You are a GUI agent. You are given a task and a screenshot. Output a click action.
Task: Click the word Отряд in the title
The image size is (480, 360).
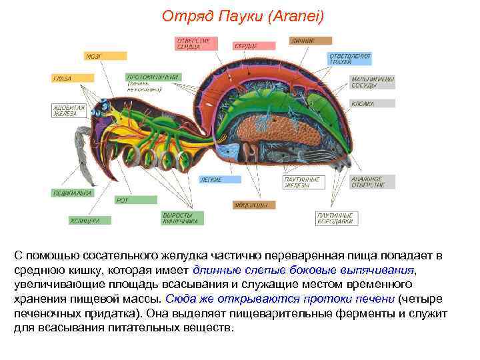183,15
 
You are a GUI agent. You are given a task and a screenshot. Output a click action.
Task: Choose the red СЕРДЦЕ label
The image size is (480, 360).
253,46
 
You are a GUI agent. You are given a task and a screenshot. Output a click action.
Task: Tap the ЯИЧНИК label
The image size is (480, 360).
309,41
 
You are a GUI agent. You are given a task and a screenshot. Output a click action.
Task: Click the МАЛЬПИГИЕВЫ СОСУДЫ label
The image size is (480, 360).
372,81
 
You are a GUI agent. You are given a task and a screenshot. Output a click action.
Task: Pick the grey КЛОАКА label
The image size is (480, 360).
372,104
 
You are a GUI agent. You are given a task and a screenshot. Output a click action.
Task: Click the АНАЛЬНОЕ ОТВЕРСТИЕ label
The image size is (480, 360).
372,181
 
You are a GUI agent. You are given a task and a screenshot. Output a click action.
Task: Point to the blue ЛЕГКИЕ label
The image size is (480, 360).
220,179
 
